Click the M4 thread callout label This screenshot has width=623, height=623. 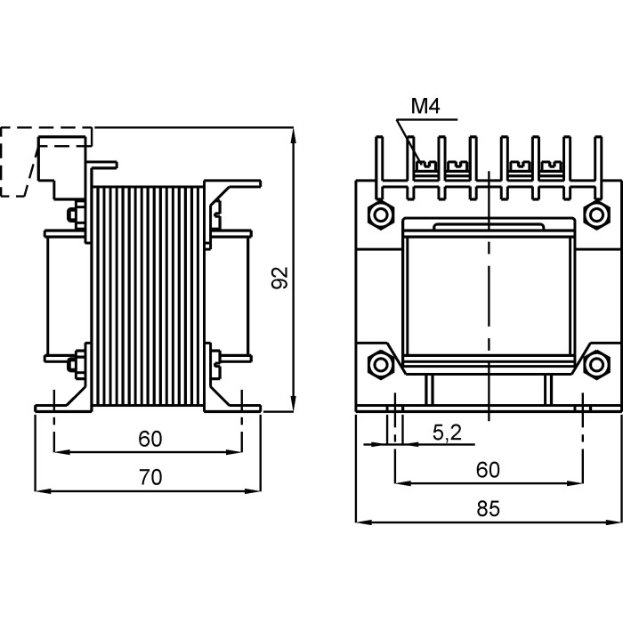425,107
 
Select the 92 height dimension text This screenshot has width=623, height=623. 280,278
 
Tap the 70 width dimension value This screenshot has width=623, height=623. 150,478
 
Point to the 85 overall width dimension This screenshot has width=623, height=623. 488,510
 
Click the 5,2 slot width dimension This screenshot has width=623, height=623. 447,433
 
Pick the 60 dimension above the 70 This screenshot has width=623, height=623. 150,439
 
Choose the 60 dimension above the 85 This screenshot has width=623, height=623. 488,470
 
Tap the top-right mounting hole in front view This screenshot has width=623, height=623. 595,214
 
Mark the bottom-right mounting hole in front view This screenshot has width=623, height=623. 595,363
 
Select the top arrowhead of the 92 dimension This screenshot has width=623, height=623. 294,133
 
